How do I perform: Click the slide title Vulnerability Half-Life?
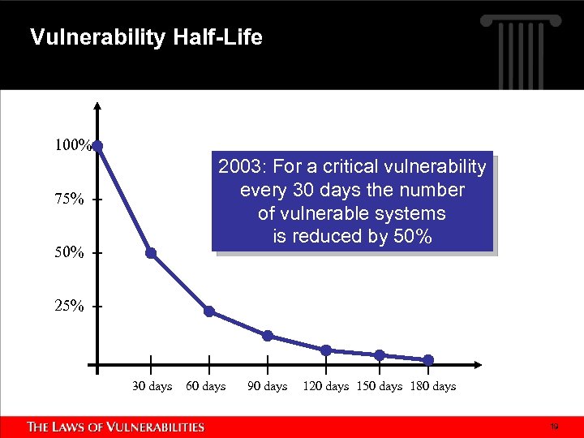146,37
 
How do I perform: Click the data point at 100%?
97,146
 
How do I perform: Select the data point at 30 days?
151,253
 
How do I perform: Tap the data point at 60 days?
209,311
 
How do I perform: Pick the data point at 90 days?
268,336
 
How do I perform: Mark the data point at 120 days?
326,350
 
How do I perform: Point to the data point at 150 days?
379,355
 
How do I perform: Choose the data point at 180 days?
428,360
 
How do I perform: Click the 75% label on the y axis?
69,200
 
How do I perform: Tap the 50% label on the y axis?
69,253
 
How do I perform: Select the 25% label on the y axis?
69,307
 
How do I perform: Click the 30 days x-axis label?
152,387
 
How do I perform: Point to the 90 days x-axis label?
268,387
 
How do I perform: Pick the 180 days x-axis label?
434,387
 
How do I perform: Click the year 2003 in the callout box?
241,167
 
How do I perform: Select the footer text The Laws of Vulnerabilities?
116,427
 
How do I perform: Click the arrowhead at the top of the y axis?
97,106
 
